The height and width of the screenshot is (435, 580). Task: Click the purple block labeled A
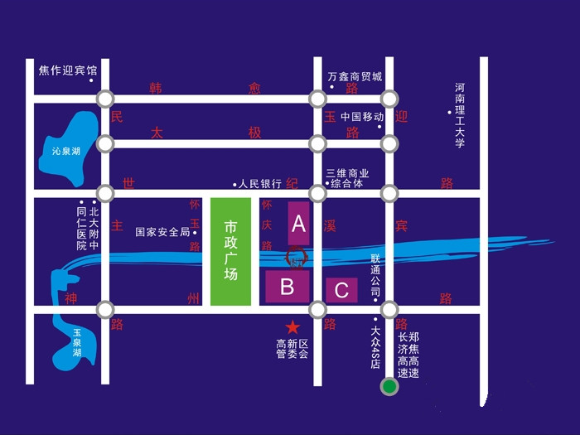coord(299,223)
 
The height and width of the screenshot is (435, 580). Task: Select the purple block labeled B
coord(288,287)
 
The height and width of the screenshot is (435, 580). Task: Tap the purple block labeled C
coord(341,289)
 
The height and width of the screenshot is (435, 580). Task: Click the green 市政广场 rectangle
coord(230,250)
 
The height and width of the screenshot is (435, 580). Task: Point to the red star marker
coord(292,327)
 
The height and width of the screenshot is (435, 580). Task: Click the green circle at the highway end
coord(388,385)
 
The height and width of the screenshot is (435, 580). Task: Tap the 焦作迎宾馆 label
coord(68,70)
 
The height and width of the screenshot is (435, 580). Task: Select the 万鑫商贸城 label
coord(355,76)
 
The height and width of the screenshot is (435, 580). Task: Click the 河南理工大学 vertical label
coord(460,116)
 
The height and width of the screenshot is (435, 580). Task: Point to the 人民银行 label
coord(260,183)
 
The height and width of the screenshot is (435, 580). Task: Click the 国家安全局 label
coord(162,232)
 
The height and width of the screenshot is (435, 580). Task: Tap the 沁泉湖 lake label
coord(65,151)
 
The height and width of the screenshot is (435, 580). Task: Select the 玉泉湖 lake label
coord(76,342)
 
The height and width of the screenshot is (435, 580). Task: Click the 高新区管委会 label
coord(292,349)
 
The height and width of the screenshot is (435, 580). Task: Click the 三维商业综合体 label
coord(347,178)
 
